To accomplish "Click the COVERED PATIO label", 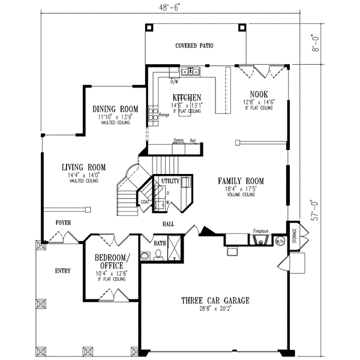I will [194, 46].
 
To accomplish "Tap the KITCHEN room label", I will [187, 97].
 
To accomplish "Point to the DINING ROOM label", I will [115, 109].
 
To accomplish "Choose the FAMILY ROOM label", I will [241, 181].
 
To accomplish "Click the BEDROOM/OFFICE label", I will [111, 262].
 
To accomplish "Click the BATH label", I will [160, 244].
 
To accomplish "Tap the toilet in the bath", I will [157, 255].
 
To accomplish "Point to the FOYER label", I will [63, 223].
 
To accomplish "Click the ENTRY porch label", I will [62, 271].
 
